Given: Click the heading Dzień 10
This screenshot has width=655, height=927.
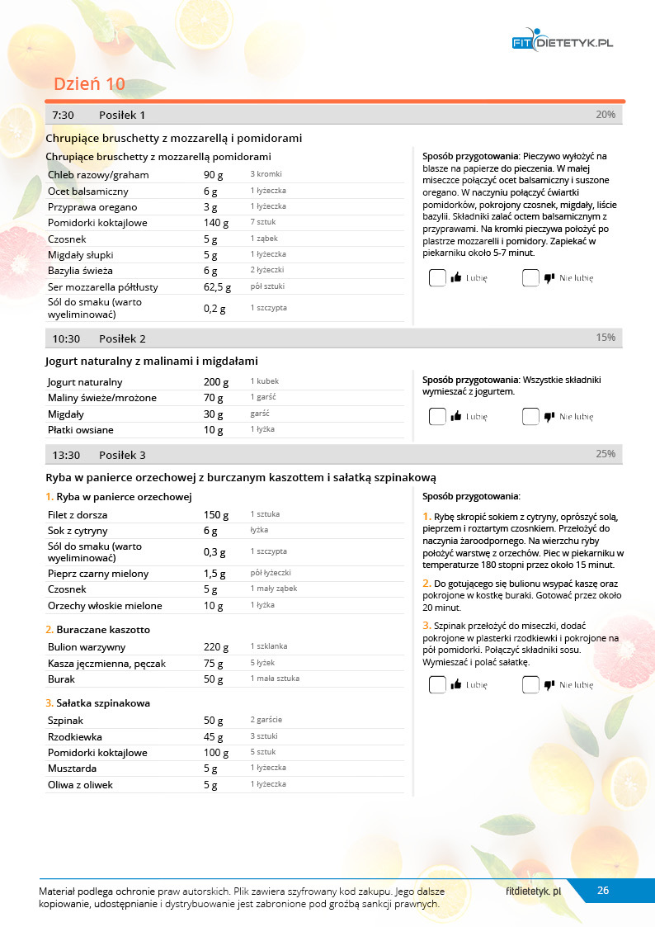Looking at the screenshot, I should [89, 84].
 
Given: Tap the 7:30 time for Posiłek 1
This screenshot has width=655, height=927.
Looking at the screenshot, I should [64, 116].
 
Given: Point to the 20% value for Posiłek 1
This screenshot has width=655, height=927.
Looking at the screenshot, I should [606, 115].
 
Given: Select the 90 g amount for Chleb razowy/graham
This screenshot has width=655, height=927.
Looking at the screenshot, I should [214, 175].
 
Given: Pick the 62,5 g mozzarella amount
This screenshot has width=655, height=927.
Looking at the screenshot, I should [217, 287].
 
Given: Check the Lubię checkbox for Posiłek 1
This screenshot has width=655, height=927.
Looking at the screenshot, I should [437, 278].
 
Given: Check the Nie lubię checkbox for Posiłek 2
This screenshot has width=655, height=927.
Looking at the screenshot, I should [530, 417].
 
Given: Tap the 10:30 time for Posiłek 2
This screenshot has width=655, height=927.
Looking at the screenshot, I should [66, 339].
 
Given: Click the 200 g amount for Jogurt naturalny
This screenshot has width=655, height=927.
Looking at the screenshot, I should [216, 382].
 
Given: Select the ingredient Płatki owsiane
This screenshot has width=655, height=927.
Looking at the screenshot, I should [81, 430].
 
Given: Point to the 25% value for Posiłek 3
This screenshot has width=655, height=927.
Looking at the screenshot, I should [606, 454].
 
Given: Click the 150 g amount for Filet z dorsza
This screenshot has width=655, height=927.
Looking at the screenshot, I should [216, 515].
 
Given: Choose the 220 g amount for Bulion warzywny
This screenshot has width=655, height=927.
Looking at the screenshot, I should [216, 647].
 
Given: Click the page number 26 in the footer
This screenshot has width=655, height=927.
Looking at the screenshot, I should [603, 891].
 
